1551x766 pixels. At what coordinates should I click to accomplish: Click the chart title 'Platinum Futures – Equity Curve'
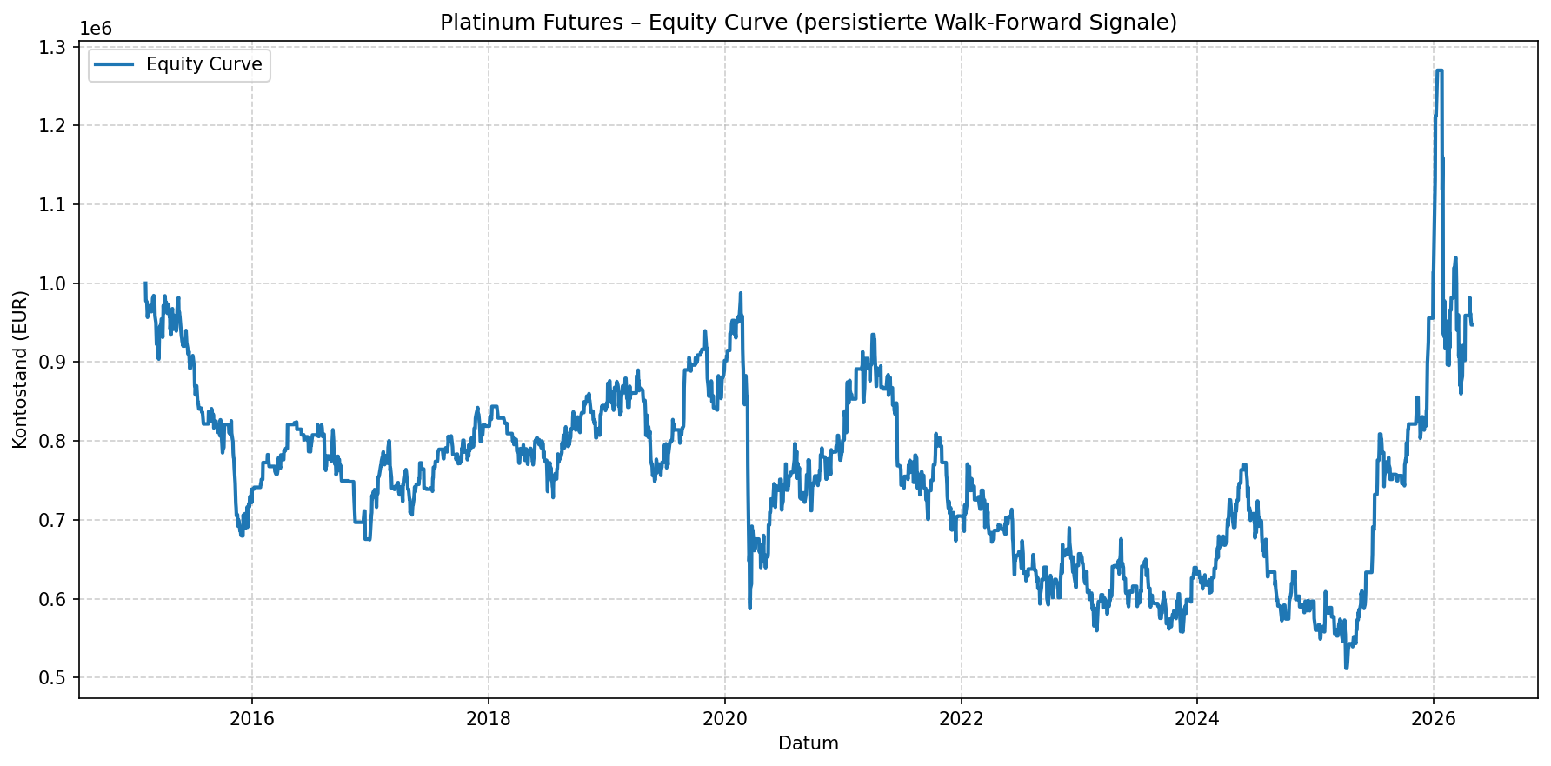tap(808, 23)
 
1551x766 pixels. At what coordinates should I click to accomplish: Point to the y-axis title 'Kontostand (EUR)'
tap(21, 370)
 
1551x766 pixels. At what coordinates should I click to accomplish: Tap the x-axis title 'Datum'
tap(808, 743)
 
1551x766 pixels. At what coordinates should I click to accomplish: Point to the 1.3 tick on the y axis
tap(57, 47)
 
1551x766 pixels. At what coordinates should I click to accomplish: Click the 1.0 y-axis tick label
tap(57, 283)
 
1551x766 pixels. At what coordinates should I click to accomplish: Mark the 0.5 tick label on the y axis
tap(57, 678)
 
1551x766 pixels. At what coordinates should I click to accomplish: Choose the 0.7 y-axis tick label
tap(57, 520)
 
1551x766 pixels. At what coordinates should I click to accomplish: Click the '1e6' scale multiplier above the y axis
tap(96, 29)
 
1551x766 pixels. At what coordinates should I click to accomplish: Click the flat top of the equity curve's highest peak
tap(1439, 70)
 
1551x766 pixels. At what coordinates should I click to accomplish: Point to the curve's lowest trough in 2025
tap(1346, 668)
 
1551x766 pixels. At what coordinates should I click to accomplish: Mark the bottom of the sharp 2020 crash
tap(749, 608)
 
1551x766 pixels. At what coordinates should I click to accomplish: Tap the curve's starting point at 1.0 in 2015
tap(145, 283)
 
